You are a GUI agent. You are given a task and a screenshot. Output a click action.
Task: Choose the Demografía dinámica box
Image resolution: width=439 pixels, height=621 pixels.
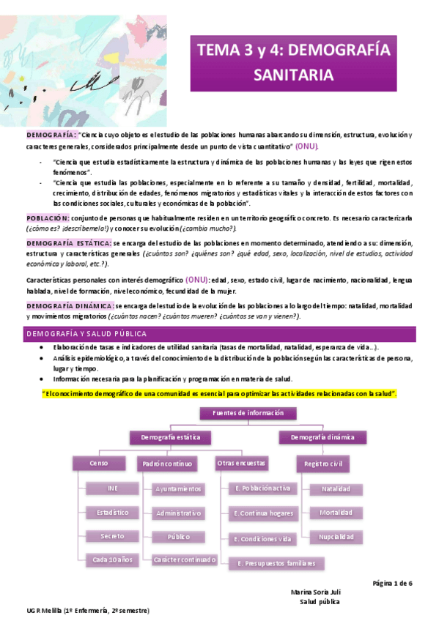coord(323,437)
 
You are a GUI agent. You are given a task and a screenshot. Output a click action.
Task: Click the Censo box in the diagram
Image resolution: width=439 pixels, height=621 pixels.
coord(98,463)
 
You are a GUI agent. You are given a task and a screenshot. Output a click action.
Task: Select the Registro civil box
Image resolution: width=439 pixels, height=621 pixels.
coord(324,463)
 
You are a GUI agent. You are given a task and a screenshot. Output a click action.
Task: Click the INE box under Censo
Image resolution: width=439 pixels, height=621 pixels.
coord(111,488)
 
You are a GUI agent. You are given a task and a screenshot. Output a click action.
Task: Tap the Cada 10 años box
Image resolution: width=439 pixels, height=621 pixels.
coord(112,560)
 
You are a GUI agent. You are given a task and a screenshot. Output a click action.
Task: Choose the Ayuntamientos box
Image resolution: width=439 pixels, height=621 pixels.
coord(178,488)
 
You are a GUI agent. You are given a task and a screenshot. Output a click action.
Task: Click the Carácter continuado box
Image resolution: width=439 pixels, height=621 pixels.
coord(184,560)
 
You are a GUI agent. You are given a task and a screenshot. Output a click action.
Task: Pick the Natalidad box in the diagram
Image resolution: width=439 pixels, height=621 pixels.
coord(335,488)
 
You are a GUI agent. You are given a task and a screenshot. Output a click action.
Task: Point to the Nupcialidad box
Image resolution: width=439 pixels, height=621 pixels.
coord(336,537)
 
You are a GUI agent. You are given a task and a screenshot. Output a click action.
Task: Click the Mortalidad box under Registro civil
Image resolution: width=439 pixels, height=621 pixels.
coord(335,513)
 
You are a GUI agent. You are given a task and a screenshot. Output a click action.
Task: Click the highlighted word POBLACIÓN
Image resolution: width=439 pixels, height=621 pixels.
coord(48,218)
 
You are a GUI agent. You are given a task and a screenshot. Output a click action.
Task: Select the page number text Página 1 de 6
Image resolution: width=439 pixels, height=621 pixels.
coord(393,583)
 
